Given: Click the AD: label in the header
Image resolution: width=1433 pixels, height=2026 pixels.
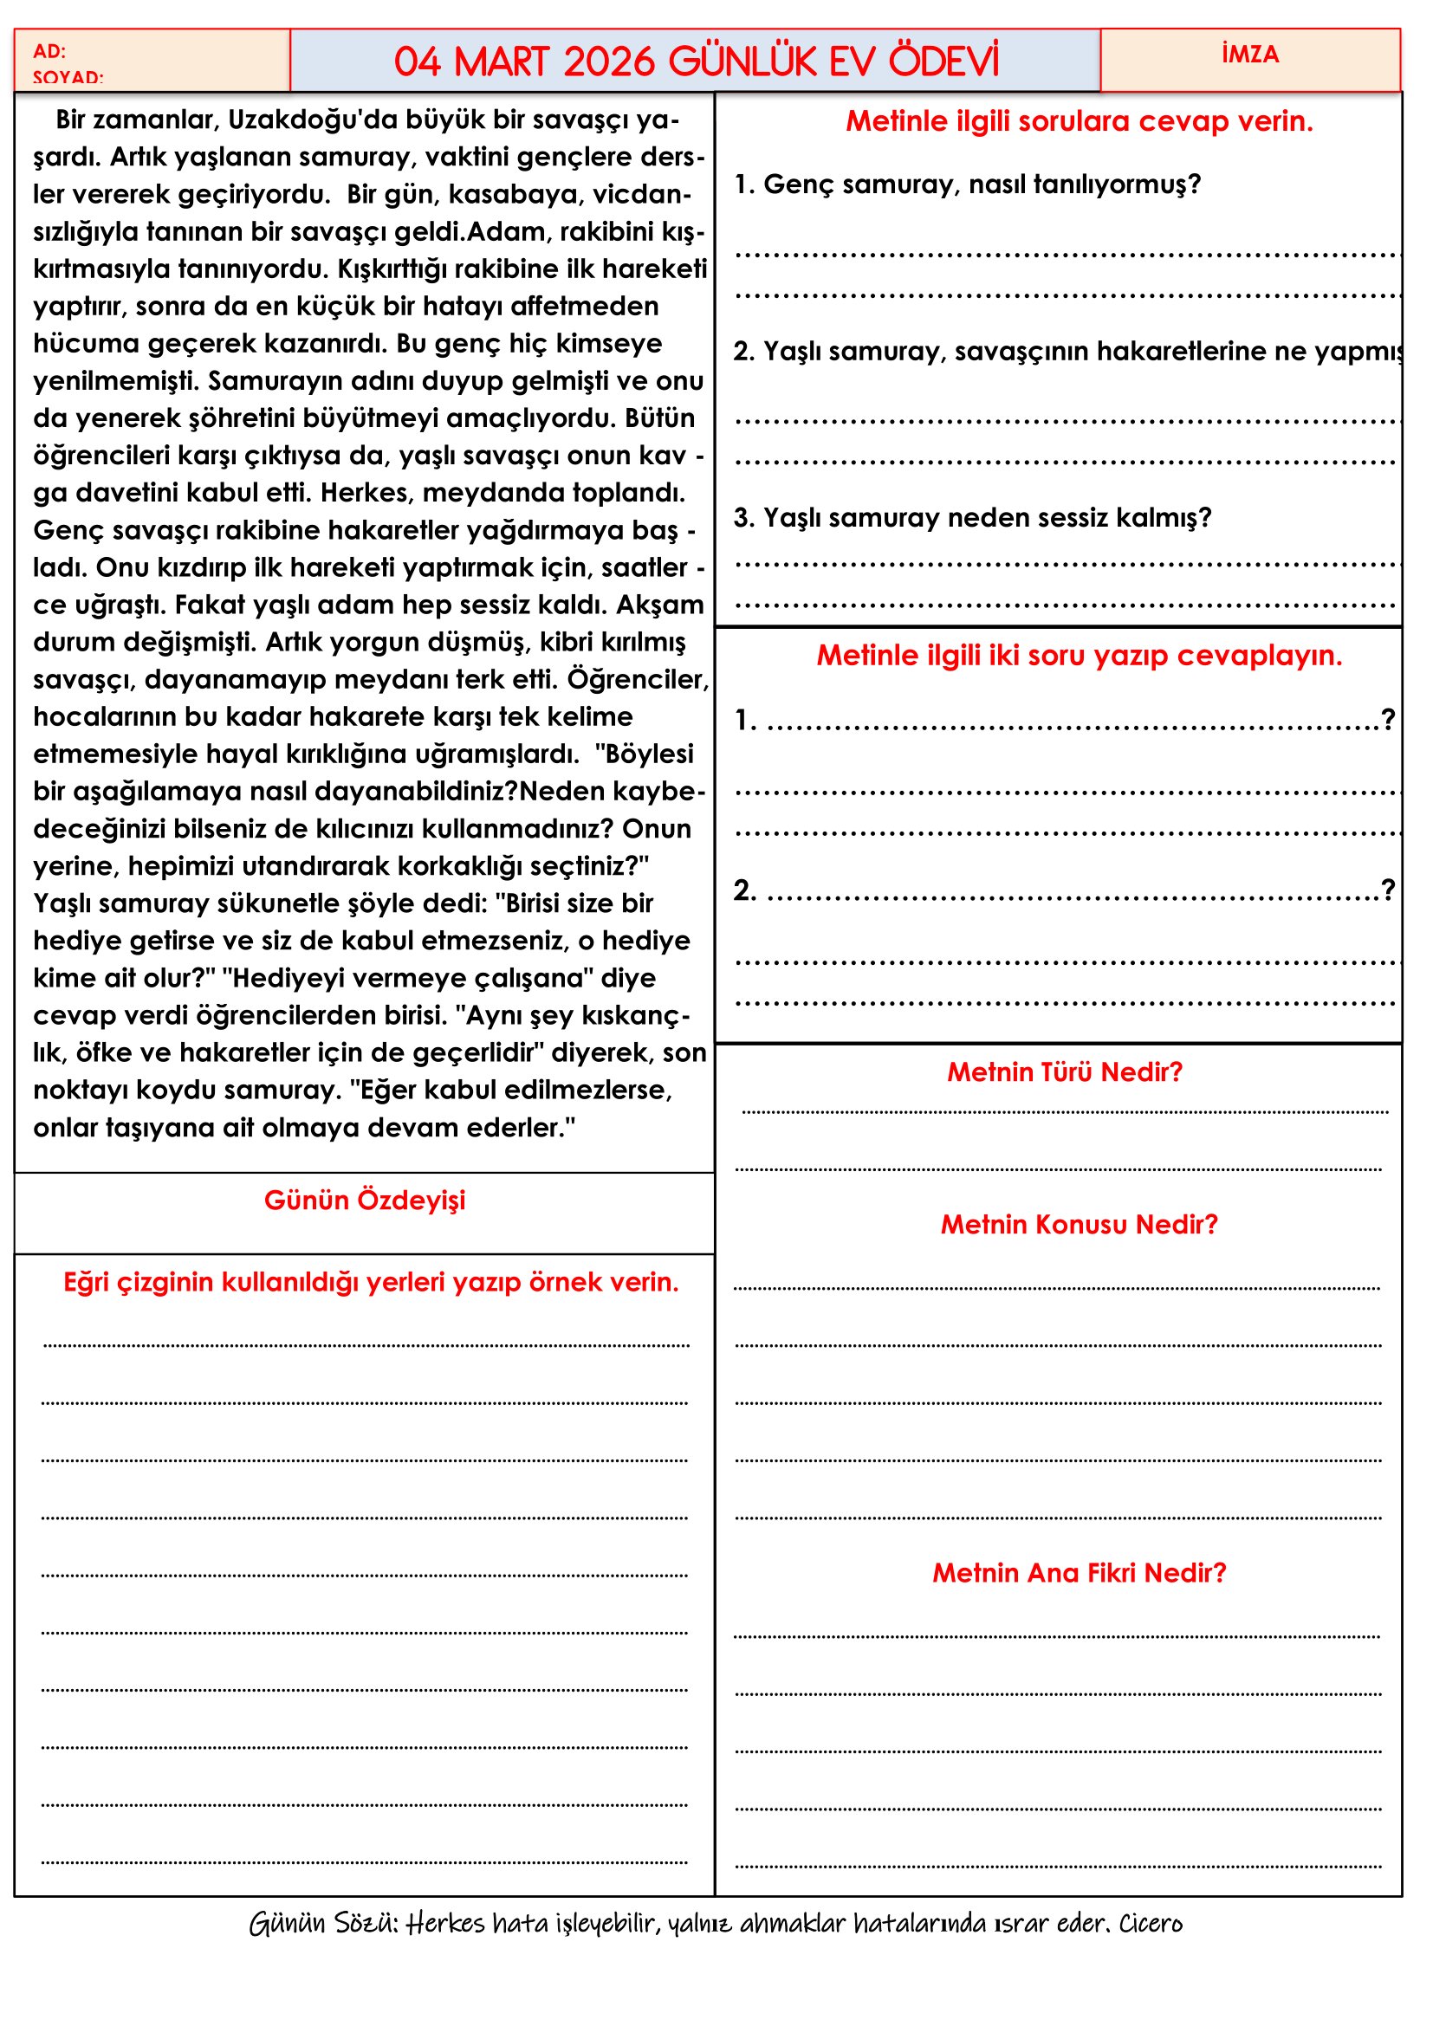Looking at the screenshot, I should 49,51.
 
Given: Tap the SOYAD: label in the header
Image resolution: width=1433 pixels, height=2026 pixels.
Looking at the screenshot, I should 68,78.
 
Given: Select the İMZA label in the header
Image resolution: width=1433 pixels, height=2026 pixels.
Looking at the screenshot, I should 1249,55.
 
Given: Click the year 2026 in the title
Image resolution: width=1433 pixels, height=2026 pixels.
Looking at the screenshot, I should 609,61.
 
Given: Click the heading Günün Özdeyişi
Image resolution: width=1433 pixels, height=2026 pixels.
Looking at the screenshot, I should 365,1200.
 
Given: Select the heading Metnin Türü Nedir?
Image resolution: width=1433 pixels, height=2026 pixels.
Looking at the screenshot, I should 1064,1071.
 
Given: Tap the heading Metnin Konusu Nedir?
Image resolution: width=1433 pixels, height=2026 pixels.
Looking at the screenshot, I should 1079,1224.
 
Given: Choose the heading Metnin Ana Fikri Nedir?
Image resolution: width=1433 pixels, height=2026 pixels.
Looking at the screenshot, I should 1080,1572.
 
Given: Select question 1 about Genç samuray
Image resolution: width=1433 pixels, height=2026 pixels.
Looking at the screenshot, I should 967,184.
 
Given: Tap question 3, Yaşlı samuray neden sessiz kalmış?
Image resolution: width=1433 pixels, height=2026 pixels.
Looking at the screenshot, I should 972,517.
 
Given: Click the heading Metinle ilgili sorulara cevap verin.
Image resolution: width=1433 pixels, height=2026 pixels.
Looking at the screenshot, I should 1080,121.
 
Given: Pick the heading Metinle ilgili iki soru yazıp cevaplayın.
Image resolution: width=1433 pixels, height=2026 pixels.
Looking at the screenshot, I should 1080,655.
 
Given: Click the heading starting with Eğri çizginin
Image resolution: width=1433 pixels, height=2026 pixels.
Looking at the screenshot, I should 371,1281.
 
